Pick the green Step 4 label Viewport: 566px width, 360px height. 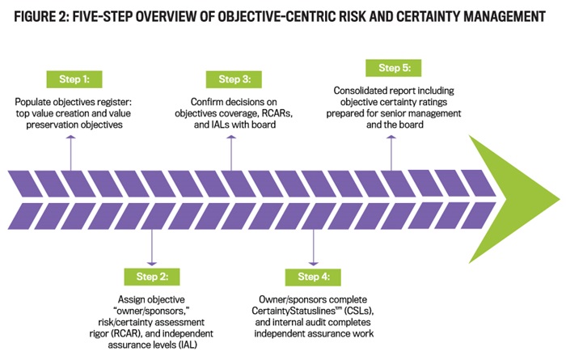coord(314,277)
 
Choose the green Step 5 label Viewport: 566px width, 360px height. coord(394,68)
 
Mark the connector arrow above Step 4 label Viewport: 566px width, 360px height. coord(314,247)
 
